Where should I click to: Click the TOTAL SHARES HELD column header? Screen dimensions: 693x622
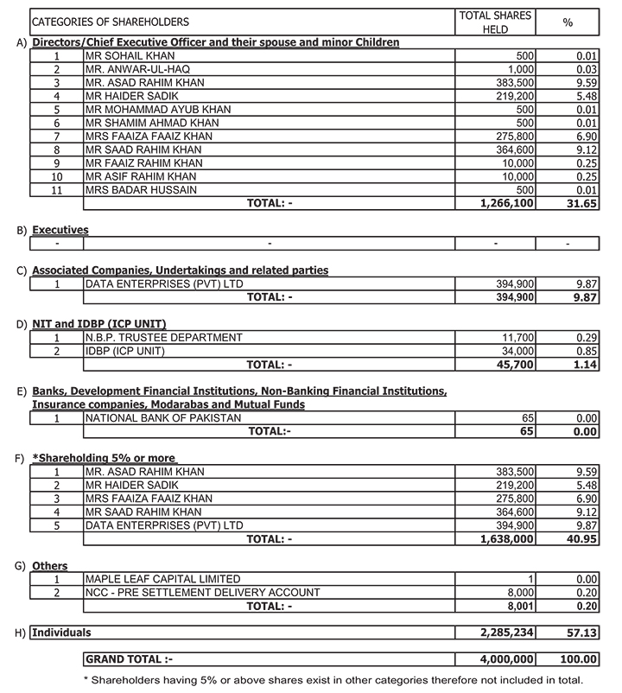point(496,22)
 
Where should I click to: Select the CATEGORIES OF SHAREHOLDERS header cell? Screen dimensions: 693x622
point(111,22)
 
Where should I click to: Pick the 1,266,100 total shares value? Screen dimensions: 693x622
point(506,203)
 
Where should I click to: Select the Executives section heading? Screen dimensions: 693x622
point(60,231)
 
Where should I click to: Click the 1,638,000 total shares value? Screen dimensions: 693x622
point(506,538)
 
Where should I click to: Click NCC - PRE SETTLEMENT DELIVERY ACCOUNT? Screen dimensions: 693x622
point(202,593)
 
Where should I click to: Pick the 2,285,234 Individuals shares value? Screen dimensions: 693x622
point(506,633)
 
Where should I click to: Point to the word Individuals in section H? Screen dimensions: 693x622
point(61,633)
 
